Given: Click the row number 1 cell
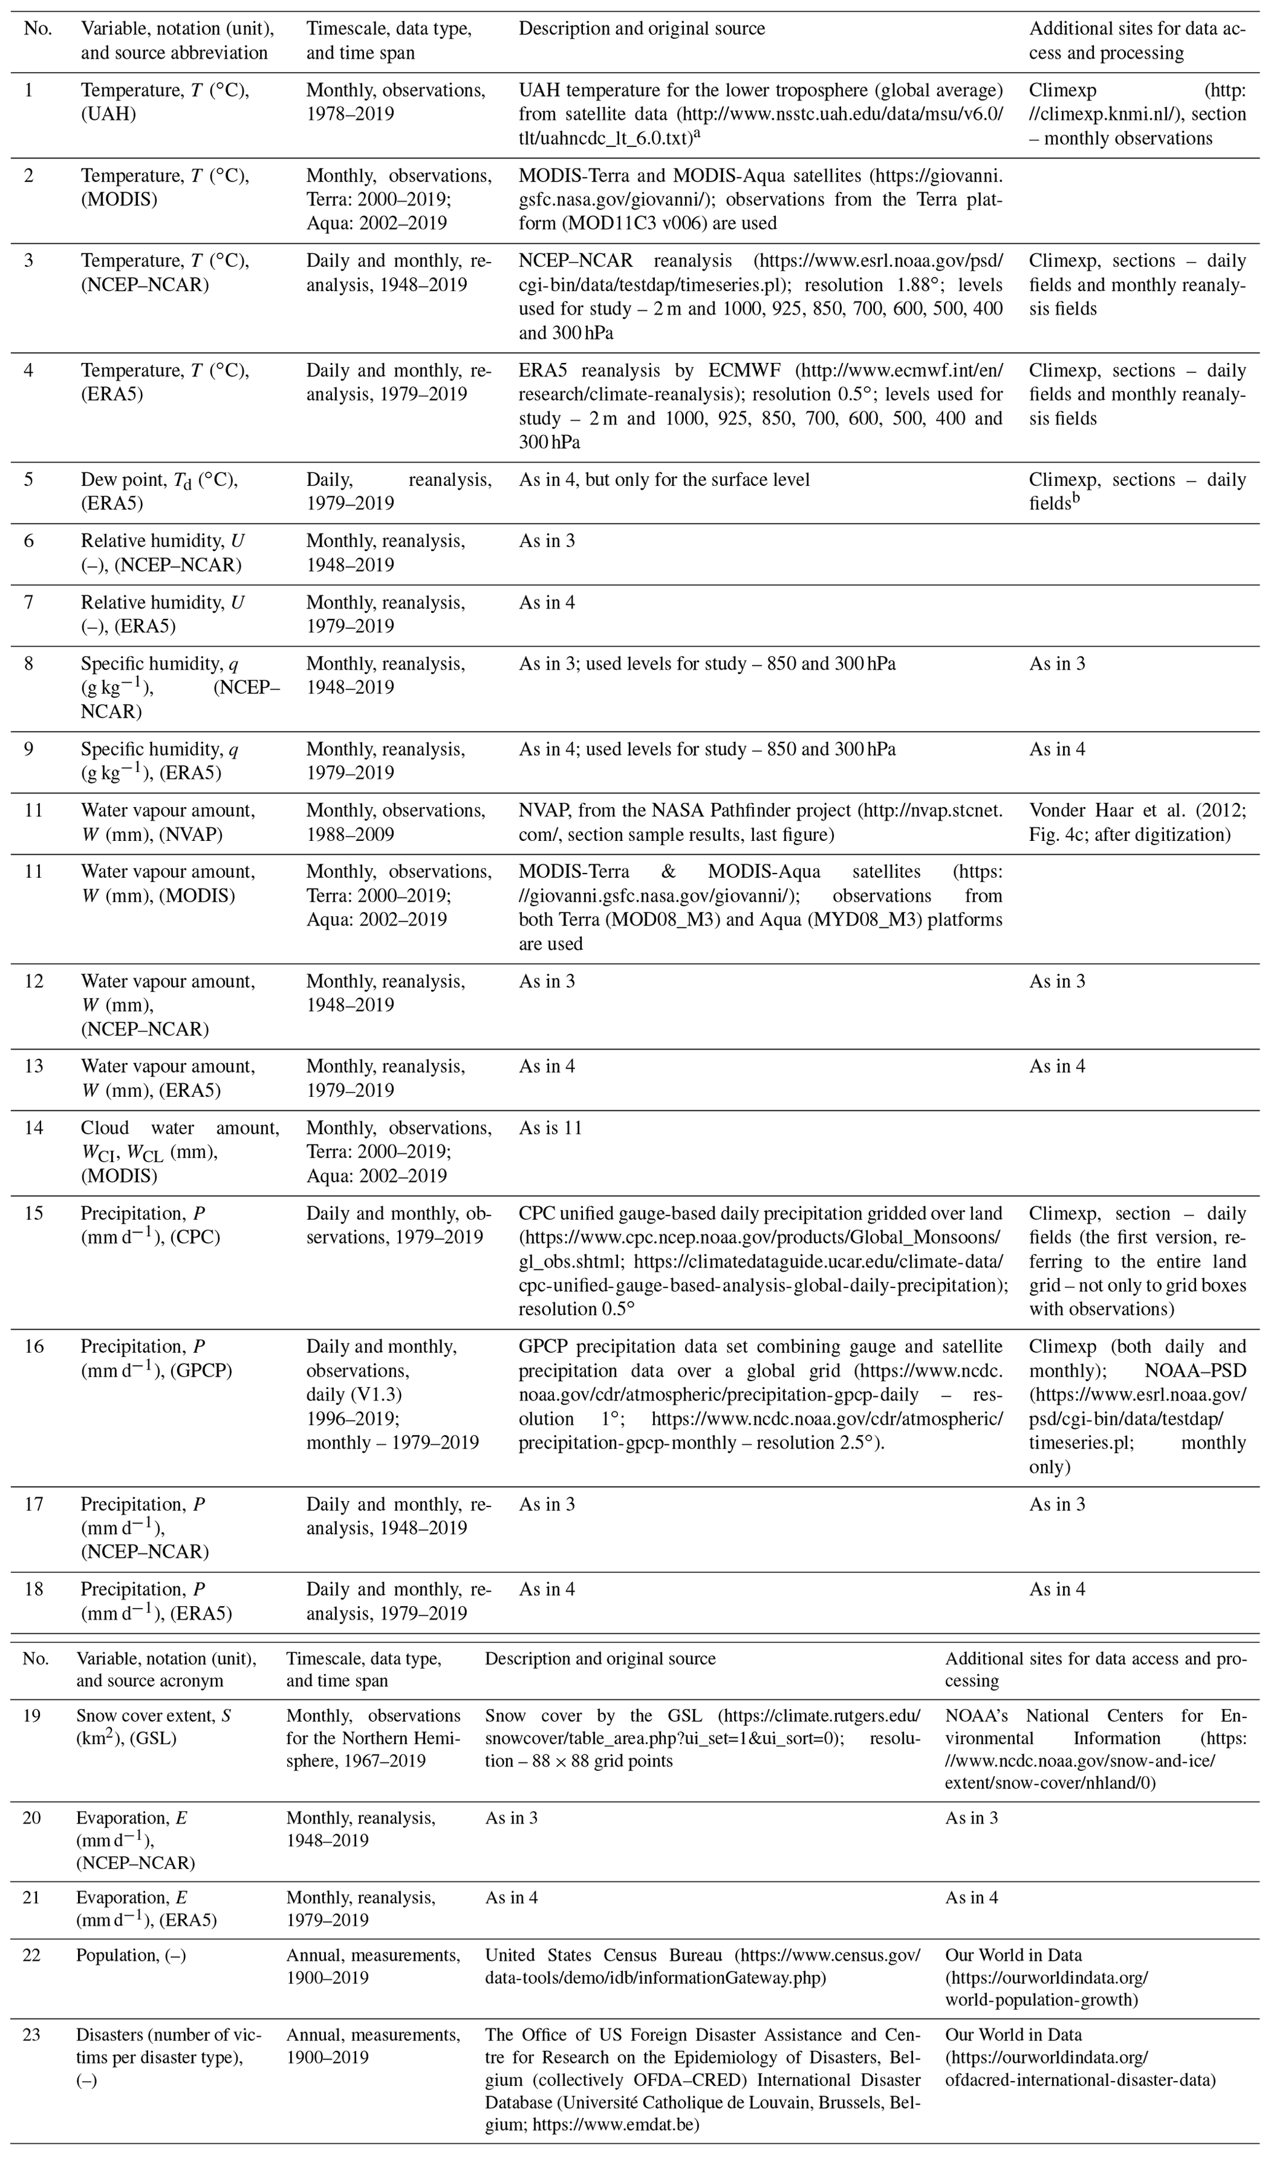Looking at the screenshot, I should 28,90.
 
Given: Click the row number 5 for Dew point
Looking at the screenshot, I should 28,480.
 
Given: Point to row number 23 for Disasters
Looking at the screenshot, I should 31,2034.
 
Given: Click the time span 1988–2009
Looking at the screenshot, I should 350,834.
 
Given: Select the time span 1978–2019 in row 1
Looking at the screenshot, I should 350,114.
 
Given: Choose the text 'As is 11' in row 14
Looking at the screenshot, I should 550,1128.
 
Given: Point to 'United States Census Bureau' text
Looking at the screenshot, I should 604,1955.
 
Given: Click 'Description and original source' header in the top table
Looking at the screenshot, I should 641,28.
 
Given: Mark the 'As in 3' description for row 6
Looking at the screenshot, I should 547,541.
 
